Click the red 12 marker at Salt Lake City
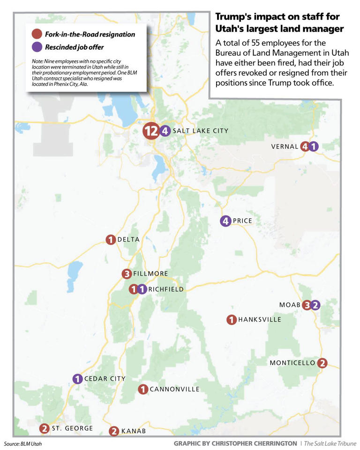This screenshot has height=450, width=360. point(151,132)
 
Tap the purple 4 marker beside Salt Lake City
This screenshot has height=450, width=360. point(165,131)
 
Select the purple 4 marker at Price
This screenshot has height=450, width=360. point(225,221)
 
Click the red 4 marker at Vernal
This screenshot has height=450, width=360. point(305,147)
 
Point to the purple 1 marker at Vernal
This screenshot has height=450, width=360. point(314,147)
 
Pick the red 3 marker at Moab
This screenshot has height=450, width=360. point(307,305)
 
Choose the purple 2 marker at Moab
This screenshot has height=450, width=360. point(315,305)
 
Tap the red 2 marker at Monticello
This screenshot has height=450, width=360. point(322,363)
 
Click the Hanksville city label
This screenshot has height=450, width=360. point(260,320)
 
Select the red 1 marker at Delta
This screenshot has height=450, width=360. point(110,240)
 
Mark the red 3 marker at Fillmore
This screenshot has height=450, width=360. point(126,274)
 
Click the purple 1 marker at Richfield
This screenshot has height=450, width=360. point(142,290)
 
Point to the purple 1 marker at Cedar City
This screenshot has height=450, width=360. point(77,379)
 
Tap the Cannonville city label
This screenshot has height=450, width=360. point(174,389)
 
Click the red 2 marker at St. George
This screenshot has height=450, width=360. point(44,428)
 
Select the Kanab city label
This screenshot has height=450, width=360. point(134,431)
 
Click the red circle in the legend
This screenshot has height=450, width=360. point(37,34)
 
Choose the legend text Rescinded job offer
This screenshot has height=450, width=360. point(74,47)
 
